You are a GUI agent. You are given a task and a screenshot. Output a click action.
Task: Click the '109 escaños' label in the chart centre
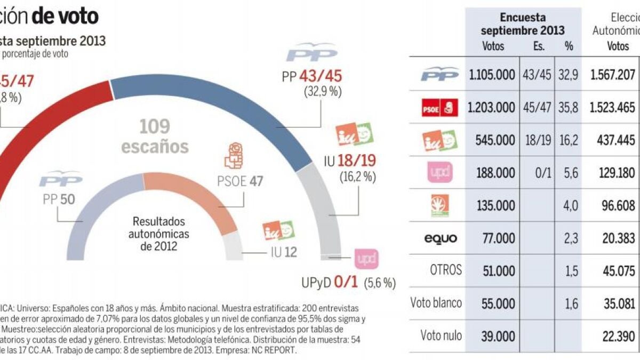155,136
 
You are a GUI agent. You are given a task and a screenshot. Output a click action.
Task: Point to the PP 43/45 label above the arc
312,76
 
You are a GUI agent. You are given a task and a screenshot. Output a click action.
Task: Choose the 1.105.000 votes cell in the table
492,75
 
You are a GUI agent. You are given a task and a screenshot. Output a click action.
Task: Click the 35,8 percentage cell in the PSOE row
569,108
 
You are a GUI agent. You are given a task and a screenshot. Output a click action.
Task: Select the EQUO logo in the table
440,238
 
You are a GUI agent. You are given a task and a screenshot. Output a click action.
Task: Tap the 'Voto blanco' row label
436,303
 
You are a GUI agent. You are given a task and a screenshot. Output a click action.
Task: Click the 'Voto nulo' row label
441,335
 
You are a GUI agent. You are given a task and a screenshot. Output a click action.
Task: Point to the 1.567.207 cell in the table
613,75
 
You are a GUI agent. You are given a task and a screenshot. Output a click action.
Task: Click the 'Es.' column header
539,46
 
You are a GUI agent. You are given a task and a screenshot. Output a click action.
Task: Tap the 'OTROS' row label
445,270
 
